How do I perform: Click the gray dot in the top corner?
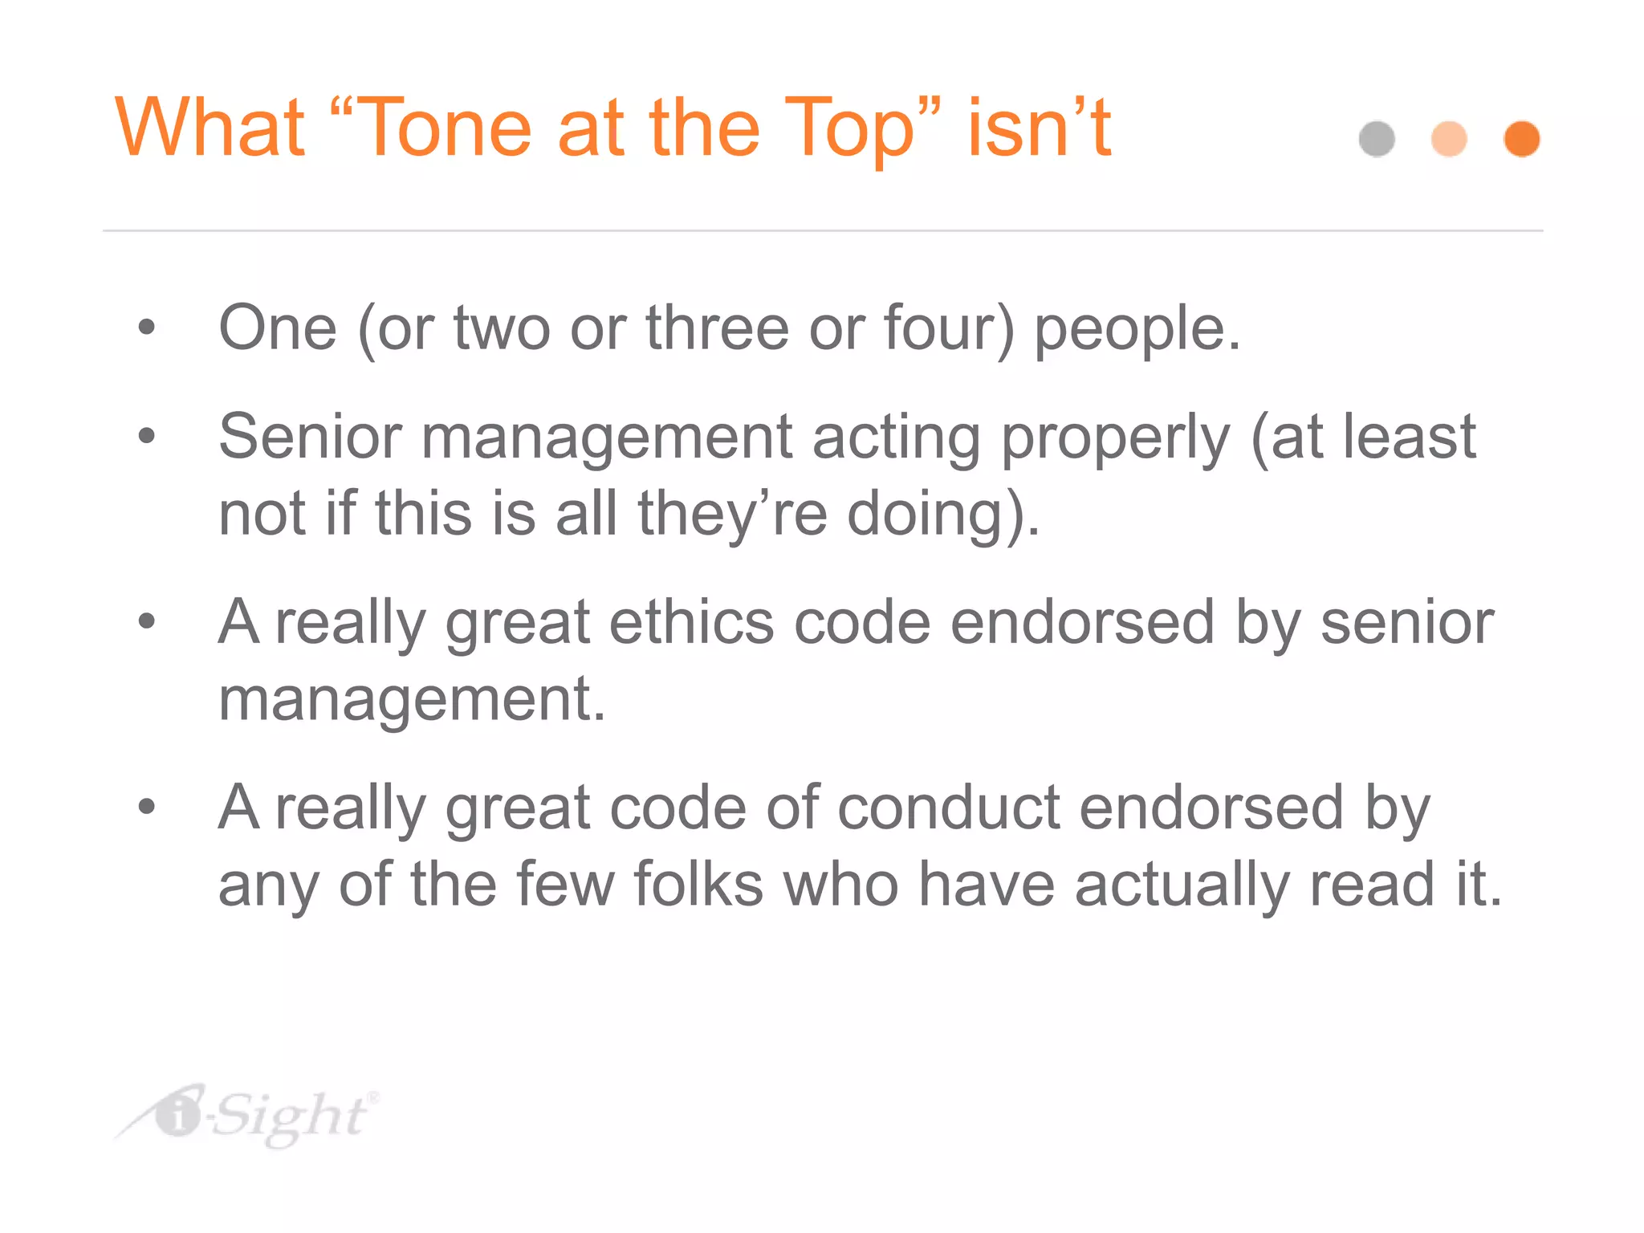(x=1377, y=139)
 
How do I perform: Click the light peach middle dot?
(x=1449, y=139)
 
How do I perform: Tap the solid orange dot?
(x=1521, y=139)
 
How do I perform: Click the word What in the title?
(x=210, y=128)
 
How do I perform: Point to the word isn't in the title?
(x=1039, y=128)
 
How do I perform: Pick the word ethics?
(x=691, y=623)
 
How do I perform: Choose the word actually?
(x=1182, y=886)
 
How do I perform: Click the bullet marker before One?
(x=146, y=328)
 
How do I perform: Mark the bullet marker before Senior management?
(x=146, y=436)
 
